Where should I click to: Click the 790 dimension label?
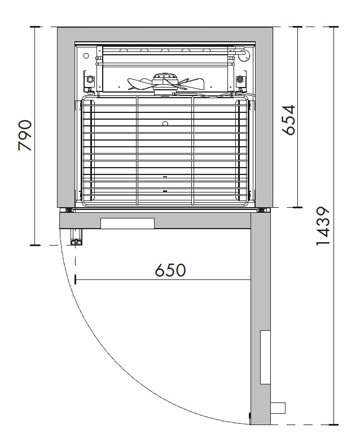pyautogui.click(x=26, y=135)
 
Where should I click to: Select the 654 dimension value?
pyautogui.click(x=289, y=120)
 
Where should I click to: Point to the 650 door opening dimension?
pyautogui.click(x=170, y=270)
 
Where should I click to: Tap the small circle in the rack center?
pyautogui.click(x=165, y=124)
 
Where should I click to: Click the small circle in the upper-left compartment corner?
pyautogui.click(x=86, y=56)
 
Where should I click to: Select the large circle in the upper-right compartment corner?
pyautogui.click(x=243, y=55)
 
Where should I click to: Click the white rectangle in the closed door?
pyautogui.click(x=127, y=224)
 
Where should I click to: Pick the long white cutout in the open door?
pyautogui.click(x=265, y=357)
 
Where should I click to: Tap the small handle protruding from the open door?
pyautogui.click(x=278, y=408)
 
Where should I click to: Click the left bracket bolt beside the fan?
pyautogui.click(x=89, y=78)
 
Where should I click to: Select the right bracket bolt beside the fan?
pyautogui.click(x=240, y=78)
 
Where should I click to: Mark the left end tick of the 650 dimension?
pyautogui.click(x=74, y=280)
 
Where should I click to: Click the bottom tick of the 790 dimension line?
pyautogui.click(x=36, y=245)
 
